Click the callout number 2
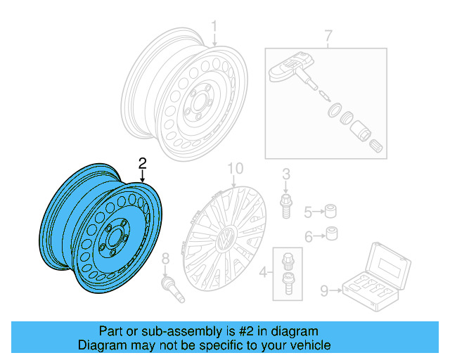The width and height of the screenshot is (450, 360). click(143, 163)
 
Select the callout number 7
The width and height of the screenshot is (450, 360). click(326, 35)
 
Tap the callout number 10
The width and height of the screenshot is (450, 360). click(235, 168)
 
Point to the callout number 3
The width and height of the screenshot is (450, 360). click(286, 174)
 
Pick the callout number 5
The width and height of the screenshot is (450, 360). click(307, 211)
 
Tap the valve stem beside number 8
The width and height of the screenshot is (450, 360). click(172, 289)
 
